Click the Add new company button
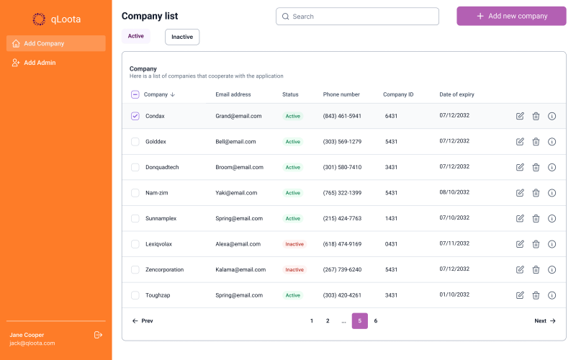click(511, 16)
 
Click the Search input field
click(357, 17)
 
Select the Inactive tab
click(182, 37)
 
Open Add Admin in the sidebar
click(39, 63)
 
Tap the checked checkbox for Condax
click(135, 116)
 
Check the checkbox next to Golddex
click(135, 142)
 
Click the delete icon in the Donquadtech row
click(536, 167)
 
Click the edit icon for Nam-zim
click(520, 193)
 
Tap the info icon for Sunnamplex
click(552, 218)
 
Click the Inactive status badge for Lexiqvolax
click(294, 244)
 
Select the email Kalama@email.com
click(240, 269)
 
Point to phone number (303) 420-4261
click(342, 295)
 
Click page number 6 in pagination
click(375, 321)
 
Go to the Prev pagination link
click(143, 321)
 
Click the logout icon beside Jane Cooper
click(99, 335)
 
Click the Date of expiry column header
click(456, 94)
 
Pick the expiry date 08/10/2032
click(454, 192)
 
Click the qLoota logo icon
click(39, 19)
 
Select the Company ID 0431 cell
click(391, 244)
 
